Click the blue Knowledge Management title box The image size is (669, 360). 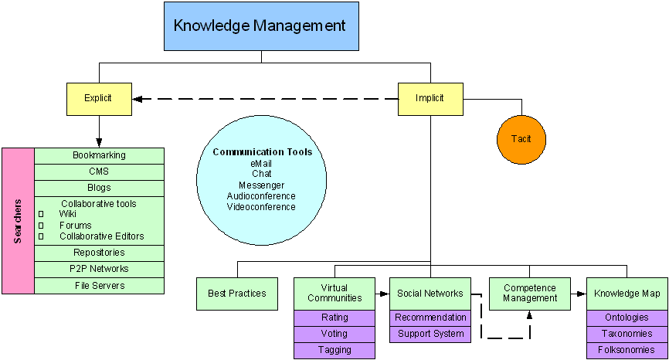click(x=260, y=25)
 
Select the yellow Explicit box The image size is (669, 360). click(x=98, y=98)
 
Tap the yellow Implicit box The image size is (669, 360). click(x=430, y=98)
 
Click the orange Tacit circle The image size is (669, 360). click(x=521, y=139)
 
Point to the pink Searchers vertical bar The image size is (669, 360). click(x=18, y=221)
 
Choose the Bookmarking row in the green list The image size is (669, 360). click(x=99, y=155)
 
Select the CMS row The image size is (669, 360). click(x=99, y=172)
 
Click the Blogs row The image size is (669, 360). click(x=99, y=188)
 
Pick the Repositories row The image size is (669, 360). click(x=99, y=253)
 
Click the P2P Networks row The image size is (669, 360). click(x=99, y=269)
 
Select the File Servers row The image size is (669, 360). click(x=99, y=285)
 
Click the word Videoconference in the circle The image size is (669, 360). click(x=261, y=207)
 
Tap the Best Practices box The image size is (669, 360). click(x=237, y=294)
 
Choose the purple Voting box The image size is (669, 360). click(x=334, y=334)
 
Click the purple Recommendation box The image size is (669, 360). click(x=430, y=318)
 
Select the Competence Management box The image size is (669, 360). click(x=530, y=294)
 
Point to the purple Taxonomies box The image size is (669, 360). click(x=627, y=334)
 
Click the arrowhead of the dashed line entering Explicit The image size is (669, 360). click(x=138, y=99)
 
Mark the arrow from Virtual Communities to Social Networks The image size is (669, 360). click(x=382, y=294)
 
